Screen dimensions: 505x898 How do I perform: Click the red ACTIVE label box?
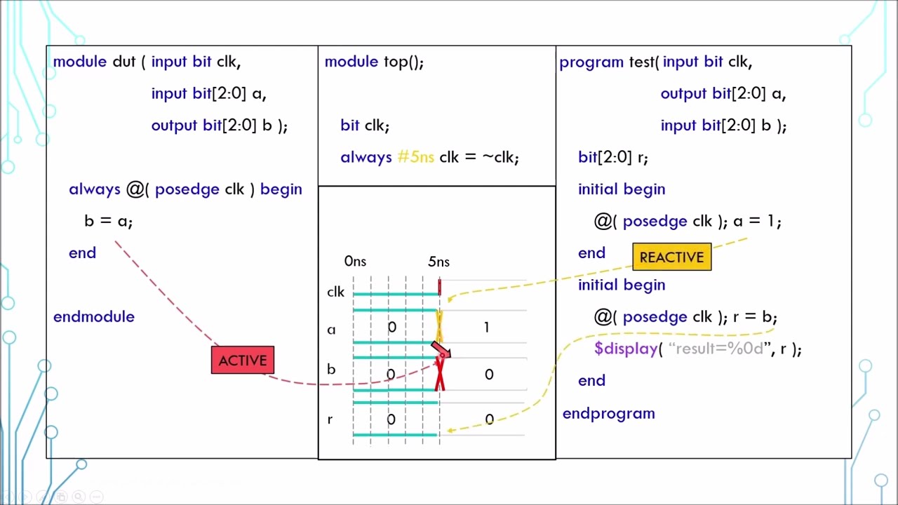[243, 361]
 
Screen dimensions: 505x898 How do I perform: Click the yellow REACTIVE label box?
[671, 257]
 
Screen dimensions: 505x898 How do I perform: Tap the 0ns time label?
[355, 262]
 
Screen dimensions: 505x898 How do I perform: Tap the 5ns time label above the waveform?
[438, 262]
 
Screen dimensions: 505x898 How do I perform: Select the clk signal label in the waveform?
[335, 292]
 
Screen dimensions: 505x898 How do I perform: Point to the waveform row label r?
[330, 419]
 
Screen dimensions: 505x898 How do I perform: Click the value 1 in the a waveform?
[486, 328]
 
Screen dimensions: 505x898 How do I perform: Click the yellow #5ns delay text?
[415, 157]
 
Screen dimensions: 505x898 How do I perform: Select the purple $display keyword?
[626, 349]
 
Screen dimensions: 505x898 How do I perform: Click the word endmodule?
[94, 317]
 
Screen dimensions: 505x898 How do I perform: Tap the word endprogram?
[608, 413]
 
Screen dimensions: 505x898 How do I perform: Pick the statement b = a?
[108, 221]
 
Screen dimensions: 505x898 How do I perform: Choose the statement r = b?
[755, 317]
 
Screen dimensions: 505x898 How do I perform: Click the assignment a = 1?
[757, 221]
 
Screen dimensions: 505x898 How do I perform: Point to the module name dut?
[123, 62]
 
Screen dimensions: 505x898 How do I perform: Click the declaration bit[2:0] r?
[612, 157]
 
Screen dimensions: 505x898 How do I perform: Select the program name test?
[641, 62]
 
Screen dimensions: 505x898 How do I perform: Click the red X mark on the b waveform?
[440, 373]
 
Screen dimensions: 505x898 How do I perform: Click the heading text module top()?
[374, 62]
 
